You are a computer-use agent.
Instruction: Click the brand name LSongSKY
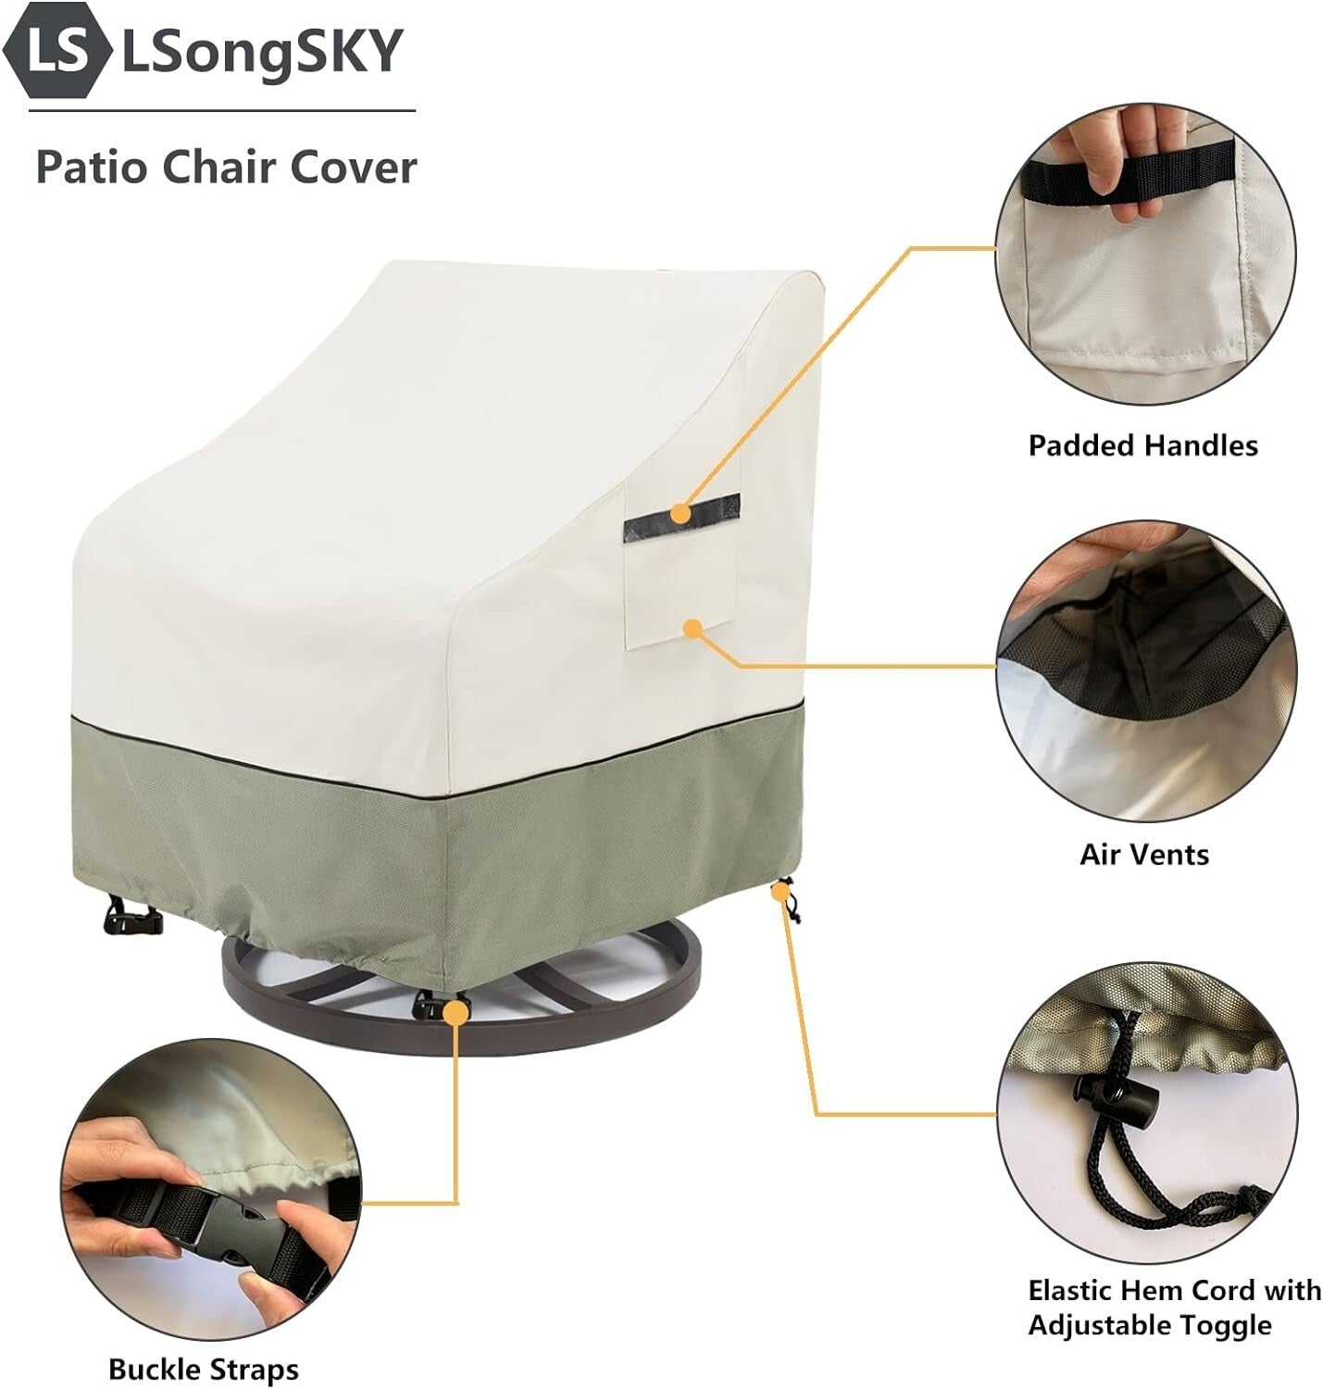click(x=262, y=51)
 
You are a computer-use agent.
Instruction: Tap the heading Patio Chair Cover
click(x=226, y=168)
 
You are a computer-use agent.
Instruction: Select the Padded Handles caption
click(x=1142, y=445)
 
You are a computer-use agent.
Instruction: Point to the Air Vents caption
click(x=1143, y=854)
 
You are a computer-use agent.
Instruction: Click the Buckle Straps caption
click(x=203, y=1369)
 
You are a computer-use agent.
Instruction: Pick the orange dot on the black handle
click(x=680, y=512)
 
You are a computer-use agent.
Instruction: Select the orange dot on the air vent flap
click(x=692, y=629)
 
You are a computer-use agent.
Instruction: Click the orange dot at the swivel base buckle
click(x=455, y=1013)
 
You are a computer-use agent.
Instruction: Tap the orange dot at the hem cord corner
click(x=781, y=892)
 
